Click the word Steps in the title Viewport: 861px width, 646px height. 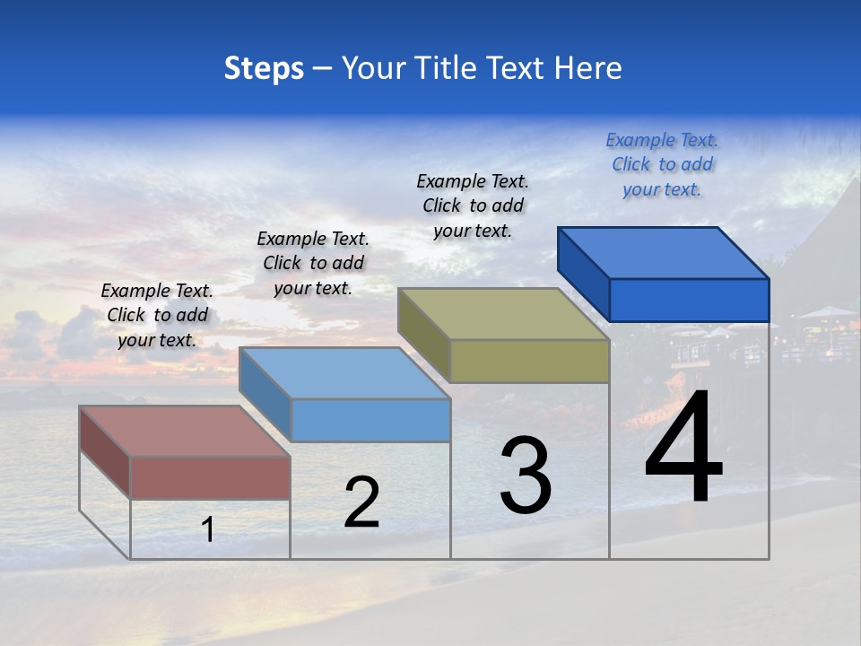[264, 69]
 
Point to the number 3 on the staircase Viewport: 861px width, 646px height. [526, 475]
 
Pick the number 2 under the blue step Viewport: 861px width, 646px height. [361, 502]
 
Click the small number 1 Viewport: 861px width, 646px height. [207, 529]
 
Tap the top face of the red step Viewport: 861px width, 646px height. [184, 431]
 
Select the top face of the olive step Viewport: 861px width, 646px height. [503, 314]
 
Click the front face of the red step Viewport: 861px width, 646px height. [210, 477]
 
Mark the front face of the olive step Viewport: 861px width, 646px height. [529, 362]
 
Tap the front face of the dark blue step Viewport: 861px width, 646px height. [689, 300]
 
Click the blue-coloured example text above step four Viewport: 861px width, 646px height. [662, 164]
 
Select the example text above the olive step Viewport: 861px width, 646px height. [473, 205]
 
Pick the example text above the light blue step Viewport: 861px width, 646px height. [313, 263]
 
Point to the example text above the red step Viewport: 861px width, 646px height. [157, 315]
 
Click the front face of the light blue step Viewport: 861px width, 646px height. [370, 420]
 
